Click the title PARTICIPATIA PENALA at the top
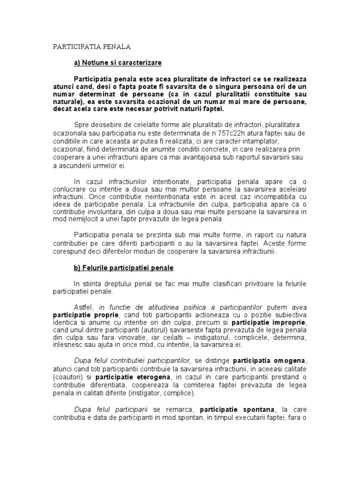(x=91, y=47)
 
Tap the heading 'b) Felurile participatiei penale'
(x=124, y=268)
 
